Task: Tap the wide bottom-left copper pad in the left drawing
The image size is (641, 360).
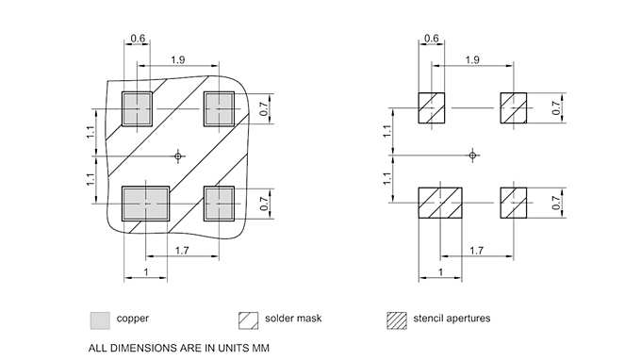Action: (145, 202)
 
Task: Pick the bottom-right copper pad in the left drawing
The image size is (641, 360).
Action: (219, 202)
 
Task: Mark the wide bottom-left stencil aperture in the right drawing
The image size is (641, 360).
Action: (440, 202)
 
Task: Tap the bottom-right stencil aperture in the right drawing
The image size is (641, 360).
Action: (514, 202)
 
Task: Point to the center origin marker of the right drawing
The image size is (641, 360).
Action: (474, 155)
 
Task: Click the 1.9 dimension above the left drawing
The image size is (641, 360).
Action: (177, 60)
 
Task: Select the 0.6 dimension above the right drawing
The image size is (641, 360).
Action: (433, 39)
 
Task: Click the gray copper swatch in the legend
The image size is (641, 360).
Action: (99, 319)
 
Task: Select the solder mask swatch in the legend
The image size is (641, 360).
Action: (249, 319)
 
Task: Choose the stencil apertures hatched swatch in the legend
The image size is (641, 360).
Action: (396, 319)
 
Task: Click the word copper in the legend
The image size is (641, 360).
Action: (132, 319)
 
